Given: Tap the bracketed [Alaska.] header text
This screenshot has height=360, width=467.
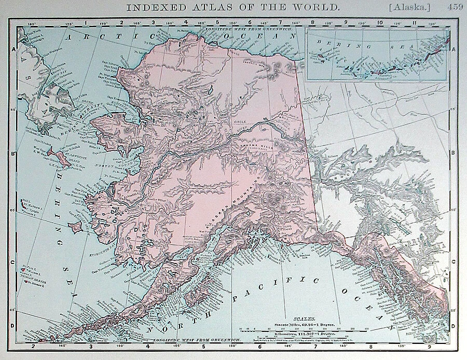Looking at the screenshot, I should coord(408,8).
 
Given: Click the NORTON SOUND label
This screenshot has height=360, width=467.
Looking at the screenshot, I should coord(129,167).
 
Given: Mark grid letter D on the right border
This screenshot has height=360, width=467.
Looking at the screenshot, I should coord(454,325).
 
